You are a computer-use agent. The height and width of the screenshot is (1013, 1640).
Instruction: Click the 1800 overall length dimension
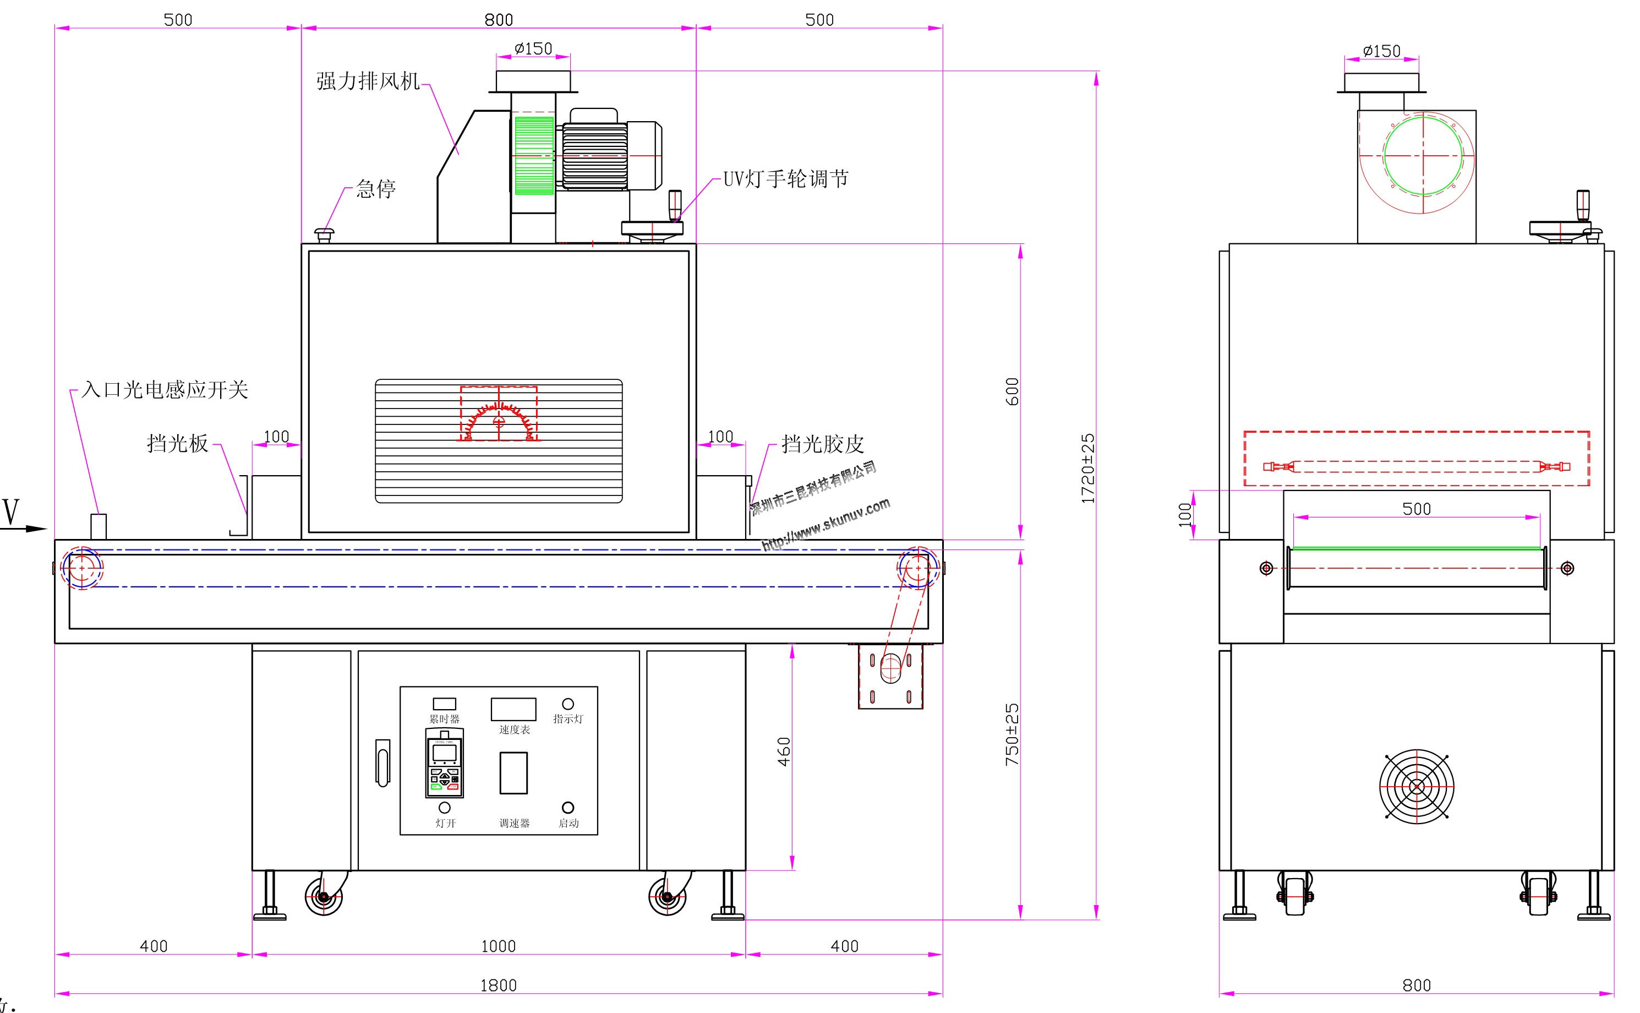click(x=498, y=985)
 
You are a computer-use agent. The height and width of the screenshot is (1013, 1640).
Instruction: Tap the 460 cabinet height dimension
click(x=784, y=751)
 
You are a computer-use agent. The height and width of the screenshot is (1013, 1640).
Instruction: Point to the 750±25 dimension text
click(x=1012, y=734)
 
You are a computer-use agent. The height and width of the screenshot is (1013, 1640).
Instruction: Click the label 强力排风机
click(x=368, y=81)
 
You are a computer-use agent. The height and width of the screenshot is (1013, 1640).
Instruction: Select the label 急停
click(x=376, y=189)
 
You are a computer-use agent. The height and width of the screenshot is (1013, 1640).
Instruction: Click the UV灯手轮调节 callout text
click(x=785, y=179)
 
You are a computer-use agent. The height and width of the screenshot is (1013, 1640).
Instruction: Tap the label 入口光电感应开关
click(x=165, y=390)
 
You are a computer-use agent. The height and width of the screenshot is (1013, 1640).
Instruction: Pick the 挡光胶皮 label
click(x=822, y=444)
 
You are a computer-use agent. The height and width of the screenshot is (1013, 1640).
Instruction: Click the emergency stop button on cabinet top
click(x=324, y=235)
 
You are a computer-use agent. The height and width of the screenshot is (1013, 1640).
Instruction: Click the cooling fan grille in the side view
click(x=1417, y=786)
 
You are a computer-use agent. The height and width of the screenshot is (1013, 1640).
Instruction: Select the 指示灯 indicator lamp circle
click(x=568, y=704)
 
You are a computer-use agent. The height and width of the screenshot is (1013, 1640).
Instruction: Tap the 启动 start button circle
click(x=568, y=807)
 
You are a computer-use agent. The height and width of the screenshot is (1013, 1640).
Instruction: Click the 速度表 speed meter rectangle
click(x=513, y=710)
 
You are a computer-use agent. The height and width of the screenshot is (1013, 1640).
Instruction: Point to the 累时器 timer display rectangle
click(x=444, y=704)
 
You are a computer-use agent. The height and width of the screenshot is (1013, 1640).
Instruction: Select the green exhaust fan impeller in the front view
click(x=534, y=155)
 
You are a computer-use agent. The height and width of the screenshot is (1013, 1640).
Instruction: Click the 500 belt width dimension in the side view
click(x=1417, y=509)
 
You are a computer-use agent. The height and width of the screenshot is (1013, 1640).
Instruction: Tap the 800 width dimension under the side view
click(x=1417, y=985)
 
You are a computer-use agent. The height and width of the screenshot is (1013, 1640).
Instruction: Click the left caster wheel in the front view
click(x=324, y=896)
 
